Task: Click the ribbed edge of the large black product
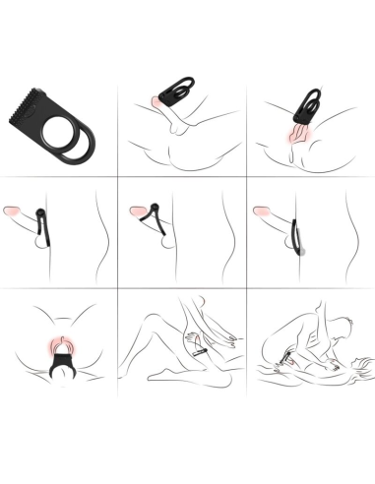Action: (x=31, y=109)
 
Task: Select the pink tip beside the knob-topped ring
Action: (x=13, y=210)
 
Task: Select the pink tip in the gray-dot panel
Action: (x=262, y=210)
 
